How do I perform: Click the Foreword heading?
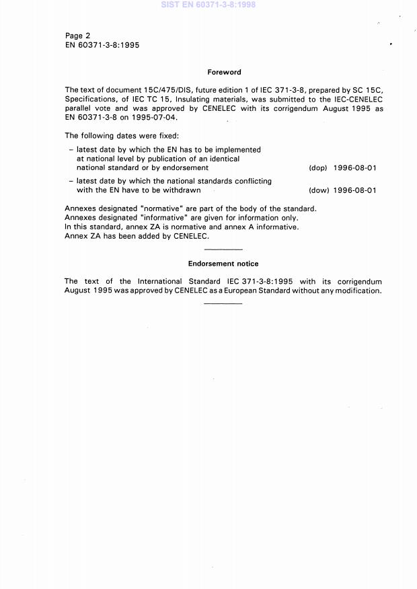click(x=224, y=72)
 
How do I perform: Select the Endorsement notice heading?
click(x=223, y=264)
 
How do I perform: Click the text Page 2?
click(x=77, y=36)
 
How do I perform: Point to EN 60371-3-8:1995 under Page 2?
click(x=102, y=45)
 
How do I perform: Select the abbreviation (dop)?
click(x=317, y=168)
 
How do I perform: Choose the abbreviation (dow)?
click(x=317, y=190)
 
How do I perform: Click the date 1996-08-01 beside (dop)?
click(x=354, y=168)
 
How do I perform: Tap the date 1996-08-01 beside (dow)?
click(x=354, y=190)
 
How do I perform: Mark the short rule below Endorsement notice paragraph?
click(x=223, y=304)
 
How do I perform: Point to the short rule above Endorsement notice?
click(x=223, y=249)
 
